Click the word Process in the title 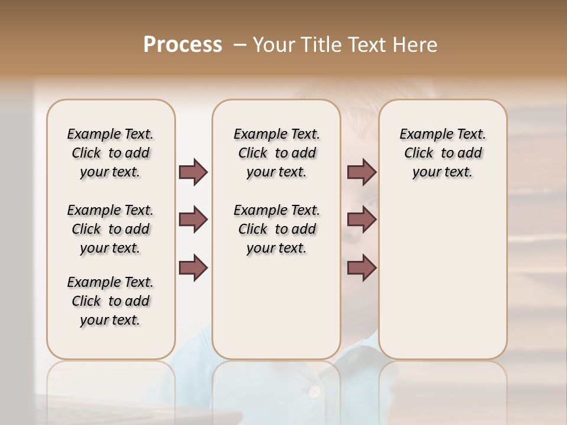point(183,45)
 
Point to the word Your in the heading point(273,45)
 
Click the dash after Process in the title point(240,45)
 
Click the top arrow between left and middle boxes point(193,172)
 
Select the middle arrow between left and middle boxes point(193,220)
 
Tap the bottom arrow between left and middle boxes point(193,267)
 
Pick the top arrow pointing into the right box point(362,172)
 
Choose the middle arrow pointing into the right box point(362,220)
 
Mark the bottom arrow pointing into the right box point(362,267)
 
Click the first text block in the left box point(110,153)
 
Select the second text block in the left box point(110,229)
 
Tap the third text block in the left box point(110,301)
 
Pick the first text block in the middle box point(277,153)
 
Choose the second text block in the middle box point(277,229)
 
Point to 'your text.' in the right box point(442,172)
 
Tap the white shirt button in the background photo point(315,391)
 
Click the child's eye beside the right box point(372,204)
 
